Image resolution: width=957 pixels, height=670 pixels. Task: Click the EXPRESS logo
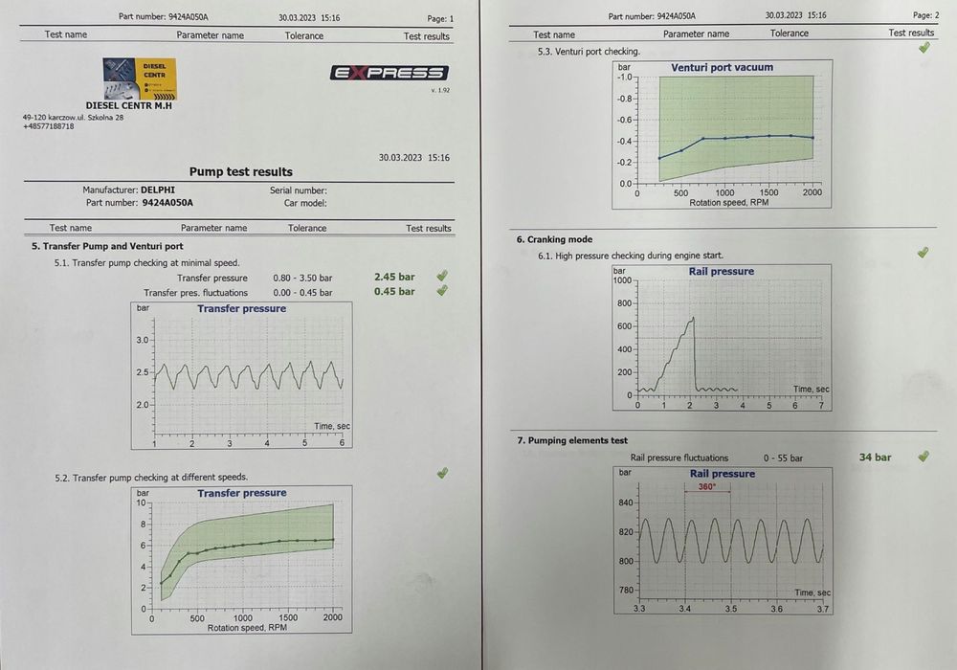tap(389, 73)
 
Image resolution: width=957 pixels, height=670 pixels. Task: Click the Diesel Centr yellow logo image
tap(140, 79)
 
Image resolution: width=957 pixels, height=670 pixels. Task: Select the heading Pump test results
tap(240, 172)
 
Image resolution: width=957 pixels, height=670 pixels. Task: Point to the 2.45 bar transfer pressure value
tap(394, 278)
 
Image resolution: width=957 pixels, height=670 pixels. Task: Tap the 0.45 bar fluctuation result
tap(394, 292)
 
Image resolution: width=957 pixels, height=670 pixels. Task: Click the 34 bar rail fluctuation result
tap(875, 458)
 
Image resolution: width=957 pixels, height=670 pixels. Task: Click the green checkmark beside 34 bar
tap(923, 457)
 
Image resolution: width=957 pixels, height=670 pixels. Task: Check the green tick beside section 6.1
tap(923, 253)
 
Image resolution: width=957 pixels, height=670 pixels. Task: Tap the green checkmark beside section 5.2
tap(442, 473)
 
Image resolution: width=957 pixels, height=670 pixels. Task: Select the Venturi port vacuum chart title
tap(723, 68)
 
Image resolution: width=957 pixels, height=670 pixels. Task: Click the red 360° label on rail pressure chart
tap(707, 487)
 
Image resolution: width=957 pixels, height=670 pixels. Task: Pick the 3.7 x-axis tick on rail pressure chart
tap(821, 608)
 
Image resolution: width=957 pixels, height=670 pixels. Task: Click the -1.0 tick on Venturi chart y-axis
tap(623, 78)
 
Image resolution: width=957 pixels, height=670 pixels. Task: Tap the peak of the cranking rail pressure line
tap(692, 318)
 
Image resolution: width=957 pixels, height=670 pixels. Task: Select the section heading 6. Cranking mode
tap(554, 239)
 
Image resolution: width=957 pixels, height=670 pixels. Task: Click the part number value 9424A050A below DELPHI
tap(167, 203)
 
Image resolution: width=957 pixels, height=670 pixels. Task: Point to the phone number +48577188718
tap(48, 126)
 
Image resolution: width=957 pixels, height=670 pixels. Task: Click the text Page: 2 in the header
tap(925, 16)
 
